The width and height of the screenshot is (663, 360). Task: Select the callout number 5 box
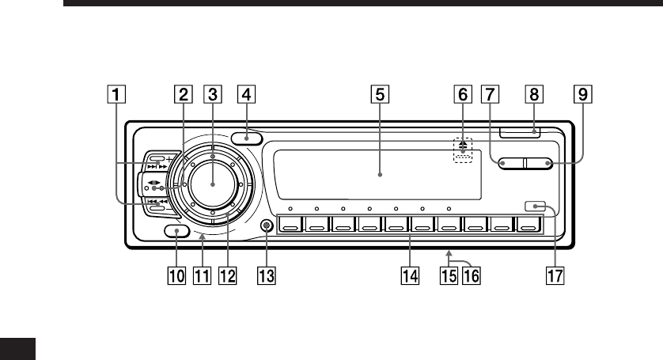point(380,94)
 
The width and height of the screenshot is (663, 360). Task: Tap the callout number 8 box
point(534,94)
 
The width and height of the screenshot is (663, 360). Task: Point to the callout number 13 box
point(267,276)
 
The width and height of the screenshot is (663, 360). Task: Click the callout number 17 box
point(555,276)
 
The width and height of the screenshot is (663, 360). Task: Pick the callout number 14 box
point(410,276)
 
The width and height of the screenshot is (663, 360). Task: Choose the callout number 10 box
point(176,276)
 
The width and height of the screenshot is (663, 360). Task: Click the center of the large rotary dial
point(213,184)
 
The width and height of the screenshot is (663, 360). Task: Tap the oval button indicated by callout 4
point(247,138)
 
